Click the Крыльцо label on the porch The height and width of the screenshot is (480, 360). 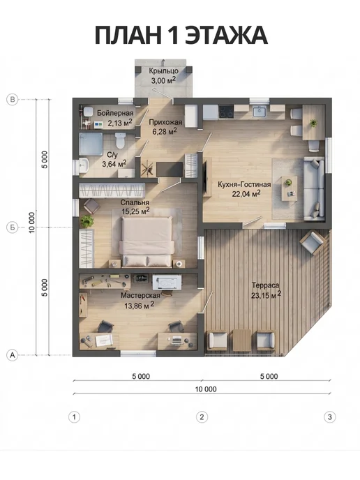[x=163, y=70]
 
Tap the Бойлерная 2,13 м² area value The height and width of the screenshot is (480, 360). [x=120, y=123]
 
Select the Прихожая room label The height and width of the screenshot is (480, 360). [x=165, y=122]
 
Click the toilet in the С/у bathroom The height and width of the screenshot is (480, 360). [x=120, y=140]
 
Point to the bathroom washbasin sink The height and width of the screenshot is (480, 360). [x=84, y=165]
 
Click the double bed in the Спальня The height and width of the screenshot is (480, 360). [x=147, y=241]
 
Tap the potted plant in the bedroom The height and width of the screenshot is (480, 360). [x=87, y=220]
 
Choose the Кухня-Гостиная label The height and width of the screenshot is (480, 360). [x=244, y=184]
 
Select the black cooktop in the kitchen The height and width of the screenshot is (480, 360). [x=226, y=112]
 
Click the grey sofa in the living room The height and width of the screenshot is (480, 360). [x=314, y=188]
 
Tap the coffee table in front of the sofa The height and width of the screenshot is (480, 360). [x=290, y=188]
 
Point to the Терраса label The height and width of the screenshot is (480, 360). [x=265, y=285]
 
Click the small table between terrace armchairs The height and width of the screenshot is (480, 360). [x=242, y=340]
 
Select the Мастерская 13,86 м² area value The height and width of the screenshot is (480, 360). [x=140, y=305]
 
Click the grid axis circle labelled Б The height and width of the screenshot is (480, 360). [x=13, y=227]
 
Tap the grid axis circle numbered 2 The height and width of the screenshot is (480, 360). [x=202, y=417]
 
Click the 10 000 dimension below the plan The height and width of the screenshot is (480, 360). [x=206, y=389]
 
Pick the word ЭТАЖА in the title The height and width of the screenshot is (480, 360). [x=227, y=35]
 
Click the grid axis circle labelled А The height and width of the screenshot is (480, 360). [x=13, y=355]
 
